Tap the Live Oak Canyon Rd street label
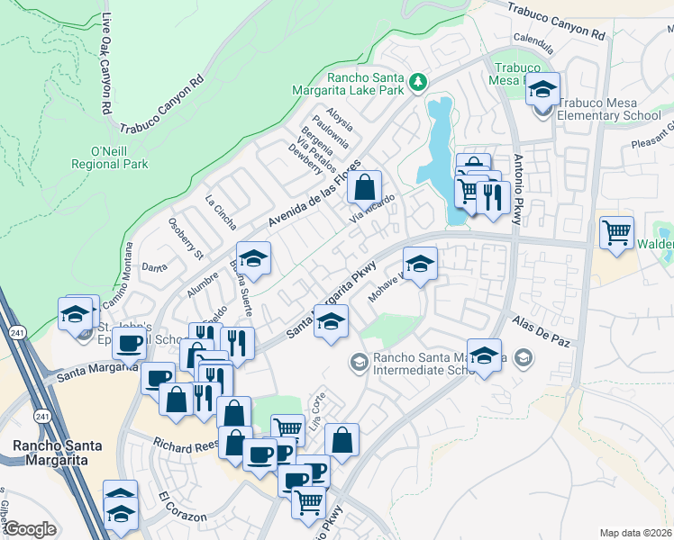(106, 64)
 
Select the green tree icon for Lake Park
(417, 82)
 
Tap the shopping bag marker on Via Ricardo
(364, 190)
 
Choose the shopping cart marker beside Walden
(616, 234)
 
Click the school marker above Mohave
(419, 265)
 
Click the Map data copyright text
(634, 533)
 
